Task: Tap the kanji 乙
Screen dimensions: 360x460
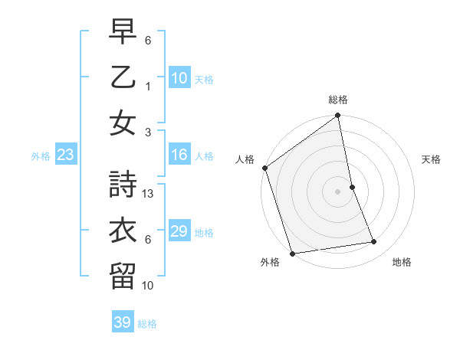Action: tap(123, 77)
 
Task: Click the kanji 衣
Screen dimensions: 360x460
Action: tap(123, 229)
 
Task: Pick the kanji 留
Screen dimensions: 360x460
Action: tap(123, 275)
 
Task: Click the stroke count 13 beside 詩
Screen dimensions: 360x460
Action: tap(149, 194)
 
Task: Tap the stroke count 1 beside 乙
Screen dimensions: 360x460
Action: tap(148, 87)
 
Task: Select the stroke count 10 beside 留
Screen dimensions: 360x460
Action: tap(149, 286)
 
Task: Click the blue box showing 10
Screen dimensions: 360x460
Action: tap(179, 78)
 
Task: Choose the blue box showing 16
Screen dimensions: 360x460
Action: tap(179, 155)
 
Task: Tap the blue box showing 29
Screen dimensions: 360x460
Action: tap(179, 232)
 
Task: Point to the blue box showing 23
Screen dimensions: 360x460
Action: tap(66, 155)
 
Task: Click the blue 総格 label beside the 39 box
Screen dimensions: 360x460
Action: tap(147, 324)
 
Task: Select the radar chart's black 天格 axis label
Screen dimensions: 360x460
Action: tap(432, 159)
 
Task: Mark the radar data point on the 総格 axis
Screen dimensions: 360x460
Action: tap(337, 116)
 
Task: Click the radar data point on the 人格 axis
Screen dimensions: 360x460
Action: tap(264, 168)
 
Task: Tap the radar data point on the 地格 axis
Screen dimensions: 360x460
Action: tap(374, 242)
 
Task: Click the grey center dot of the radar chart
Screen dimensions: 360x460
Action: tap(337, 191)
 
